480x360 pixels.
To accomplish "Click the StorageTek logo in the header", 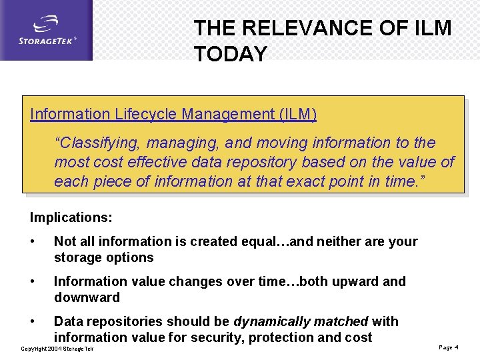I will point(47,31).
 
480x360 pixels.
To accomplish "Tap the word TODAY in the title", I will point(230,54).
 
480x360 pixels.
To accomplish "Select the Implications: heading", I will point(71,217).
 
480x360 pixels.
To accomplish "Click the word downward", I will point(87,297).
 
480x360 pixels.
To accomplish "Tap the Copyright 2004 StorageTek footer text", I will point(57,349).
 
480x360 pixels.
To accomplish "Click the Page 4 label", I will point(449,347).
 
